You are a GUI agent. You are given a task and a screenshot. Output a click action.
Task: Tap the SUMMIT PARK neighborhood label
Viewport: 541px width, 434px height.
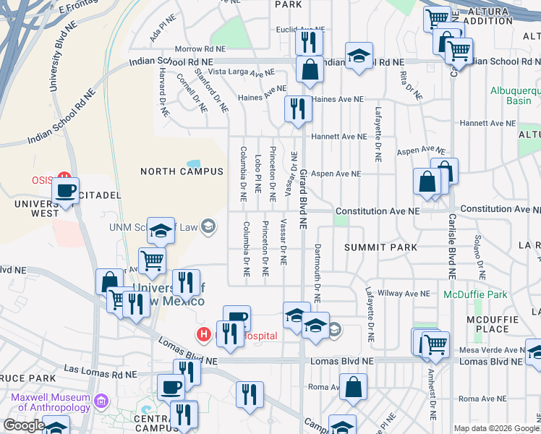pyautogui.click(x=380, y=247)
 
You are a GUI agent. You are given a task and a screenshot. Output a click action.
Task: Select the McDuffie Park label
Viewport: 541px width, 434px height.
pyautogui.click(x=476, y=294)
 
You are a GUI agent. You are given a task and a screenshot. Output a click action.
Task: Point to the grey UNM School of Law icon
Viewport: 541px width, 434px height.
pyautogui.click(x=208, y=228)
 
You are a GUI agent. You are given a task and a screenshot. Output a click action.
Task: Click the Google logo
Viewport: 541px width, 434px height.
pyautogui.click(x=24, y=425)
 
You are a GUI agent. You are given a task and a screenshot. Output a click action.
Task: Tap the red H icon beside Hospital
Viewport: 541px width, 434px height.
pyautogui.click(x=204, y=335)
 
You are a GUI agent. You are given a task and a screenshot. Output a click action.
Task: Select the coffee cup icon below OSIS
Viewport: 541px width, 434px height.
pyautogui.click(x=67, y=191)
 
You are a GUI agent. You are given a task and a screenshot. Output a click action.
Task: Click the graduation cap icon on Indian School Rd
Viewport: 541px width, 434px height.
pyautogui.click(x=358, y=56)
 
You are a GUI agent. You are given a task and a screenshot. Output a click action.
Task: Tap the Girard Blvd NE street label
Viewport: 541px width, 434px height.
pyautogui.click(x=304, y=200)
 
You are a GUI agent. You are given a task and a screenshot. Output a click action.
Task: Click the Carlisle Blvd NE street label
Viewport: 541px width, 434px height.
pyautogui.click(x=451, y=246)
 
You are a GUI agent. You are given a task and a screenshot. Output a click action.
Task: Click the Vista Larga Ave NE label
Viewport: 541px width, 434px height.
pyautogui.click(x=241, y=72)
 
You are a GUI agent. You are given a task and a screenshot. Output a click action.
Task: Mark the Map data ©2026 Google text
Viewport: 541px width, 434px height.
pyautogui.click(x=496, y=427)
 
